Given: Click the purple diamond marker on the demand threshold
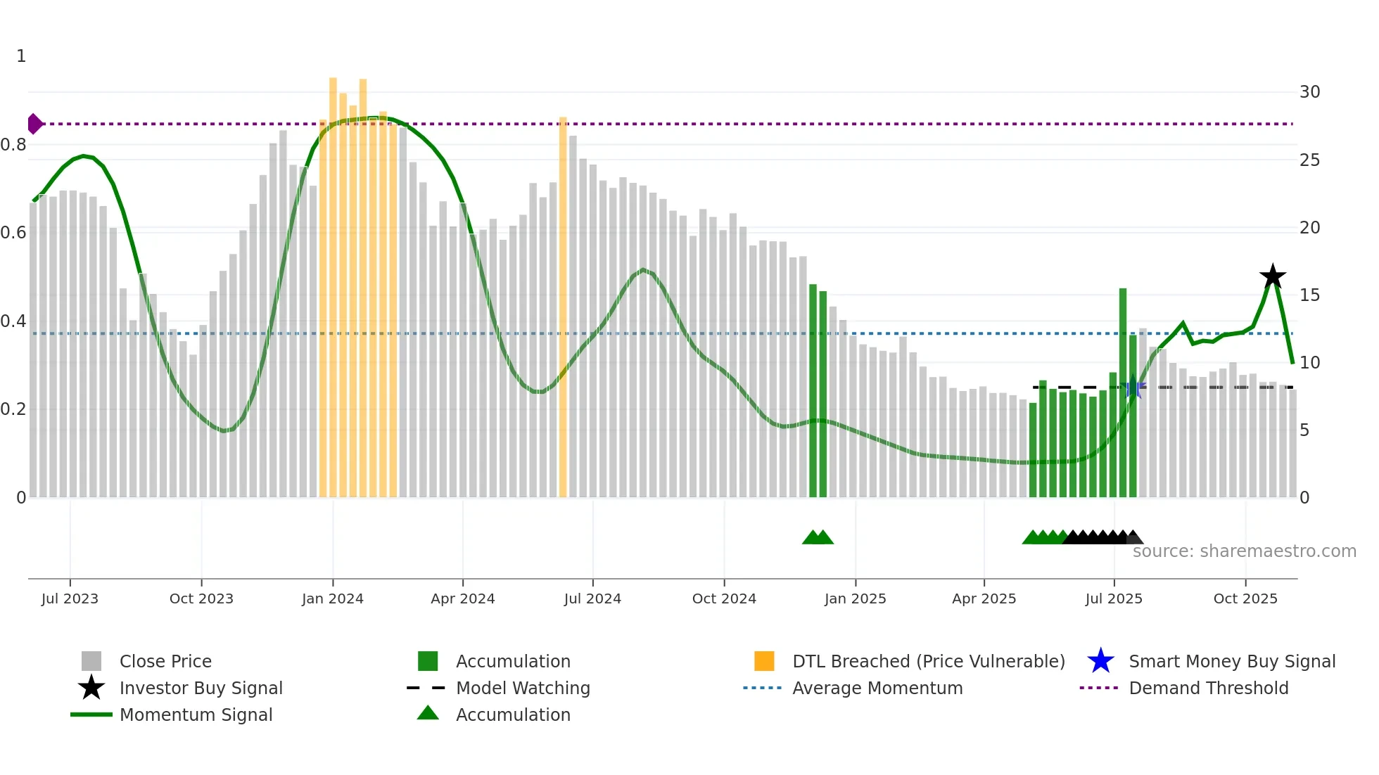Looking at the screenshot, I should pos(34,124).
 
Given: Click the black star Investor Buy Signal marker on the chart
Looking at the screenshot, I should pos(1272,276).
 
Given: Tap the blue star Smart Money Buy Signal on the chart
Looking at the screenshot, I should pos(1133,388).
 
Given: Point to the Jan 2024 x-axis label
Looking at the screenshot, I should pos(332,598).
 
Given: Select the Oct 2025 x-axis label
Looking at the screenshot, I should pos(1245,598).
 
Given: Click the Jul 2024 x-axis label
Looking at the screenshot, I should pos(592,598).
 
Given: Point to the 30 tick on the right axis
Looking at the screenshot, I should pos(1309,92).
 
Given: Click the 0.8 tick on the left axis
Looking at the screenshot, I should pos(13,145).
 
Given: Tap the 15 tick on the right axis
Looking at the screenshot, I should pos(1309,295).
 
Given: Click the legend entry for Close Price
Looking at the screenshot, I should pos(165,661).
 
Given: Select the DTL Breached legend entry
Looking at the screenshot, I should pos(928,661).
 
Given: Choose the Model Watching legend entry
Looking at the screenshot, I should pos(522,688).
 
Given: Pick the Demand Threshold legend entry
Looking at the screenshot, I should pos(1208,688).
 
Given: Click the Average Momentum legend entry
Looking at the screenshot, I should pos(877,688).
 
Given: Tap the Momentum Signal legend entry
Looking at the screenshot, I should pos(196,715).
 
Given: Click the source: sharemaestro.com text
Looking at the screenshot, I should pos(1244,551).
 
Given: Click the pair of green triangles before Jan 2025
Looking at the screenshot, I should pos(818,537).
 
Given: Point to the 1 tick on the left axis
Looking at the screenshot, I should pos(21,56).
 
